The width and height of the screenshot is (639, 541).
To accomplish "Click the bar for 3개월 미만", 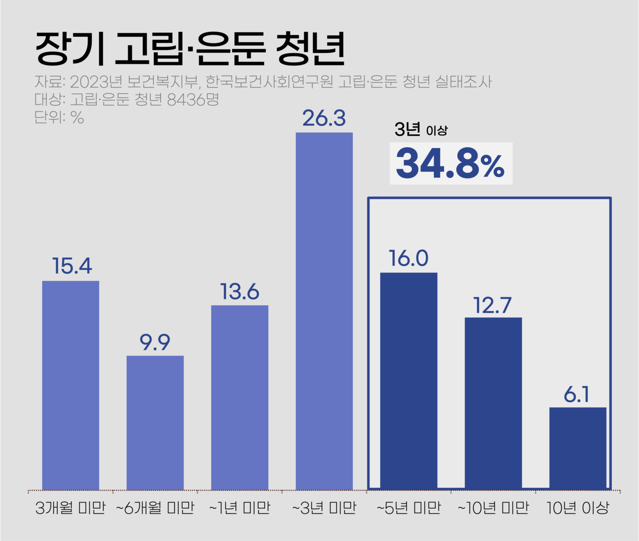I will (70, 385).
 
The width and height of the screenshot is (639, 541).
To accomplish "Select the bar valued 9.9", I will (155, 423).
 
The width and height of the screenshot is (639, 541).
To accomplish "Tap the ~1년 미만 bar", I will (240, 397).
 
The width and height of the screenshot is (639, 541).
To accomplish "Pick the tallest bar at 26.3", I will (324, 311).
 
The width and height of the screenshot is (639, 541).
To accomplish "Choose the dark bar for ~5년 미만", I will (409, 381).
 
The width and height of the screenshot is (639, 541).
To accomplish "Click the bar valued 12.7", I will (493, 403).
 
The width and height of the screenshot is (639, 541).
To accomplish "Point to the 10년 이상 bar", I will (578, 448).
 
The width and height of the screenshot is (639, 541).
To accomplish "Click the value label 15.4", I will (72, 266).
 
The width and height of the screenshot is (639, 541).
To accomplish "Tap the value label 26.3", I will (324, 118).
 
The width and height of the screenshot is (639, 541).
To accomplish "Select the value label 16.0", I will (409, 258).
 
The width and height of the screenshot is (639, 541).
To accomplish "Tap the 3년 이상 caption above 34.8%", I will (421, 130).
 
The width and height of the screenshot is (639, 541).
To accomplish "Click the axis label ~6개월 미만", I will (155, 508).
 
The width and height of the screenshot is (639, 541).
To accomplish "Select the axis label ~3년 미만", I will (324, 508).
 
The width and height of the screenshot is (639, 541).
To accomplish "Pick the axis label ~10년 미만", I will (493, 508).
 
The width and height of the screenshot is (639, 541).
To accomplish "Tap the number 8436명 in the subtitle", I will (193, 99).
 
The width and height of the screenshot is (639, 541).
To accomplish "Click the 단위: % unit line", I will (59, 117).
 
